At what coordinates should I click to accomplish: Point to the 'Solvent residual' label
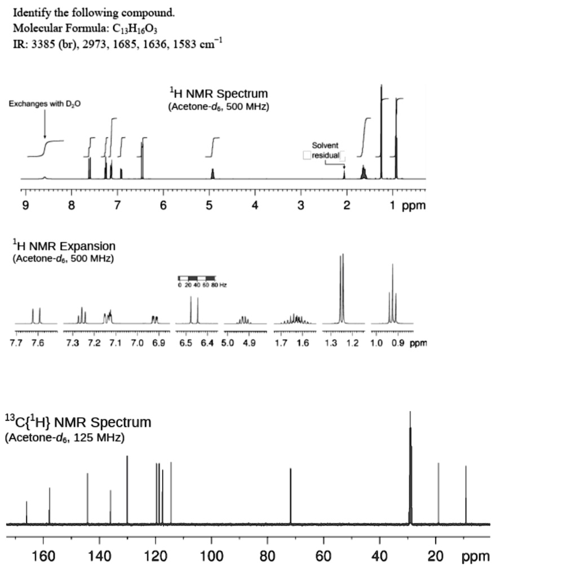tap(325, 150)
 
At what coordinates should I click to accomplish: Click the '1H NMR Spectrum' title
tap(219, 94)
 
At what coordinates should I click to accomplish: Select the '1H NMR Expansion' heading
tap(64, 246)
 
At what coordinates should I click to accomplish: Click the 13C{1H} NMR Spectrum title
tap(78, 422)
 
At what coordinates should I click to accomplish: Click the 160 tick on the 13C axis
tap(43, 557)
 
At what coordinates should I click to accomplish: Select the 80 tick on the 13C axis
tap(267, 557)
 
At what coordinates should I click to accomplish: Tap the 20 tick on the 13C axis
tap(436, 557)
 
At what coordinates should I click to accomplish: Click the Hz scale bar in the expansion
tap(197, 278)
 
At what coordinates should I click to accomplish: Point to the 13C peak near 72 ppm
tap(291, 496)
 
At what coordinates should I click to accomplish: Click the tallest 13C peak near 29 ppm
tap(410, 468)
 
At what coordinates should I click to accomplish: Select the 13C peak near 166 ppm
tap(26, 512)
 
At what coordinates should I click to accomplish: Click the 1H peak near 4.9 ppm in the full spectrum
tap(212, 173)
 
